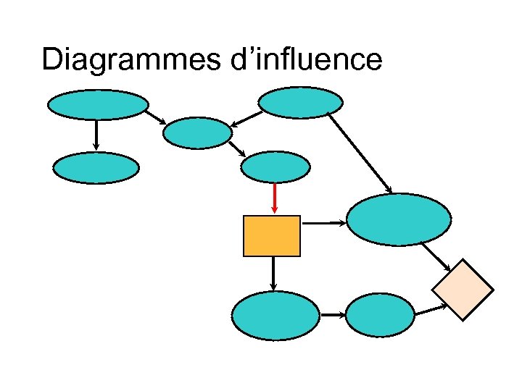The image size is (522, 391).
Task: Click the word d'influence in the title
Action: (x=304, y=59)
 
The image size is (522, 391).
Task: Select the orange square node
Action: (x=272, y=236)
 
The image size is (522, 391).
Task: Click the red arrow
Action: (x=275, y=198)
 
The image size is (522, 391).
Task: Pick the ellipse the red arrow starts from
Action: (x=275, y=167)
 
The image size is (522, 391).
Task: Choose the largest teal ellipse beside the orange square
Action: (x=399, y=220)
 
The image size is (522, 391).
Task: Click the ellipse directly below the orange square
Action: (x=275, y=315)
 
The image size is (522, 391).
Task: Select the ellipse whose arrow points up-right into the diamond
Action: (x=381, y=316)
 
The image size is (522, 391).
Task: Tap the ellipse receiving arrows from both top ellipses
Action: (x=198, y=133)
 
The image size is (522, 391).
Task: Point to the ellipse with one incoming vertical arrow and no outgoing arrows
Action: (x=96, y=168)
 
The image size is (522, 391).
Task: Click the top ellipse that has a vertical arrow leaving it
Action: (x=98, y=104)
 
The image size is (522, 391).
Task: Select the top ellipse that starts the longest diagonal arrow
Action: (x=301, y=102)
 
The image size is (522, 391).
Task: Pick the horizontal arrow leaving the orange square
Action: (x=323, y=223)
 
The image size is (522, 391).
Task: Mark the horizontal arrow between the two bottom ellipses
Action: (x=332, y=316)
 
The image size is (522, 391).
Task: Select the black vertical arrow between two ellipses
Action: (x=96, y=135)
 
